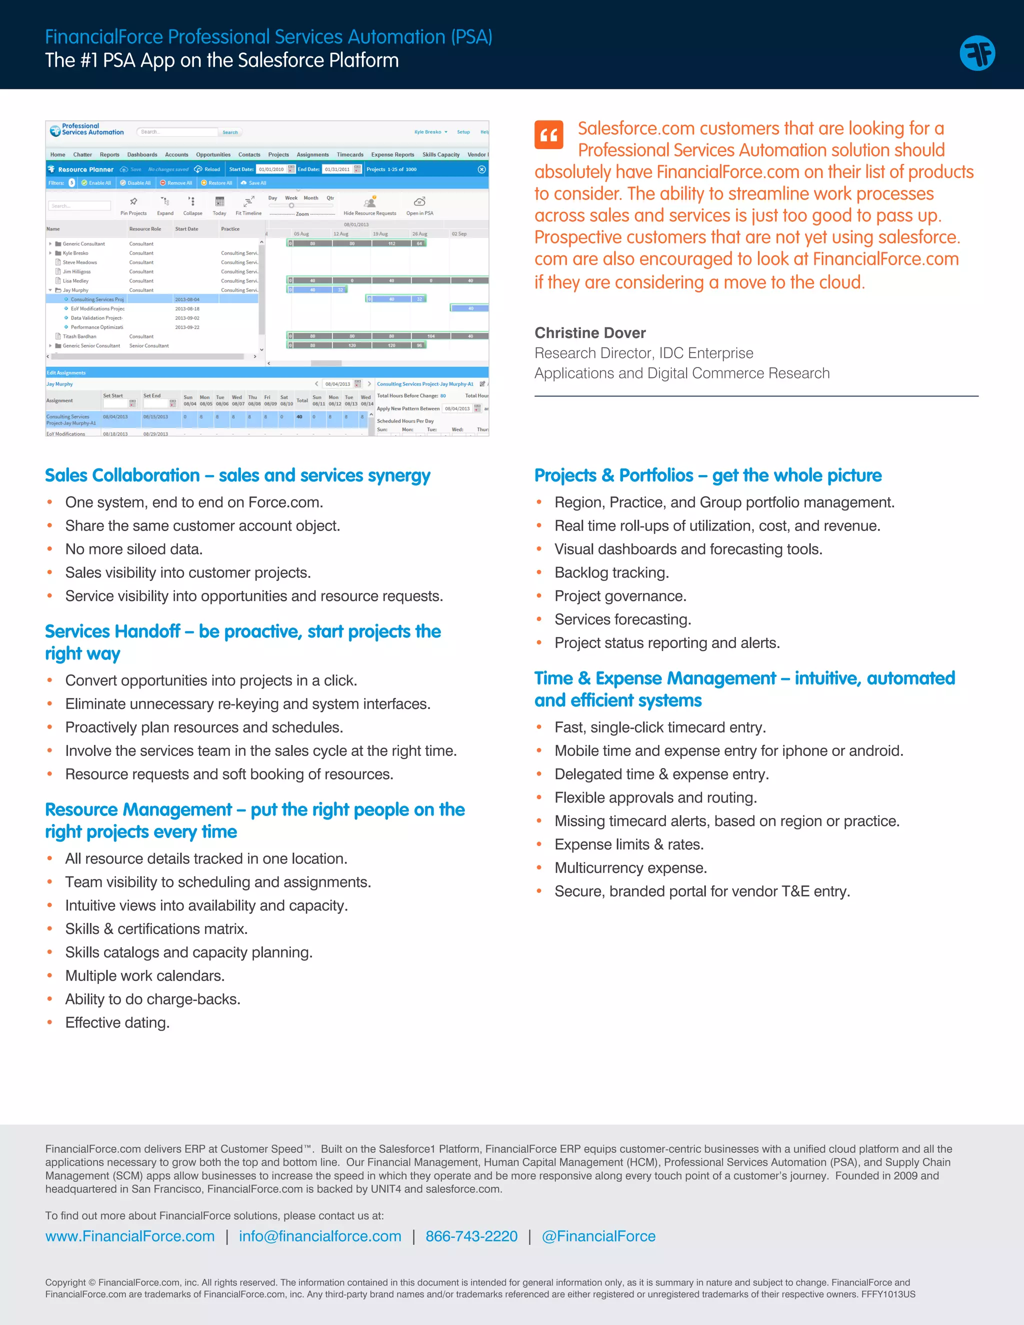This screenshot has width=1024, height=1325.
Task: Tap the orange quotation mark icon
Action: click(x=548, y=134)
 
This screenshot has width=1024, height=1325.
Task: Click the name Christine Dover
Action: click(x=589, y=333)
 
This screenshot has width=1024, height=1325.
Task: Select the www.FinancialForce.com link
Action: click(x=130, y=1236)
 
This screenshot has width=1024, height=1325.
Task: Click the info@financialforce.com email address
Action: click(x=319, y=1236)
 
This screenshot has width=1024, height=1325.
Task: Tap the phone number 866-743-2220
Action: click(x=471, y=1236)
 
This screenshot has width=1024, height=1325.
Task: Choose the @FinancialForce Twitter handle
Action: click(x=598, y=1236)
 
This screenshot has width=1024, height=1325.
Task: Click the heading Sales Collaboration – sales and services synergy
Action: click(x=237, y=475)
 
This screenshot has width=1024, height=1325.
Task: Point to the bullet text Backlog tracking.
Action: click(x=611, y=572)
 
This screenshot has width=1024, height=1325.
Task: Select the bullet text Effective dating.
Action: click(x=117, y=1023)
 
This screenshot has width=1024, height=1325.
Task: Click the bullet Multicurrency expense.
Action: click(x=630, y=868)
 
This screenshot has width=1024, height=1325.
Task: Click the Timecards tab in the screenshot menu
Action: click(x=350, y=154)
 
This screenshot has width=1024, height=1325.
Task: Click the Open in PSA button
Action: click(x=419, y=205)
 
